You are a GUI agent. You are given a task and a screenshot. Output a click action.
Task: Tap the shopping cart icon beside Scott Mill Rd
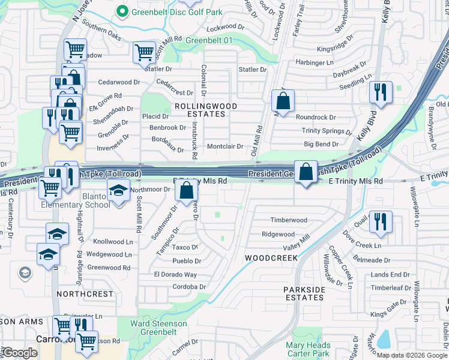tap(144, 52)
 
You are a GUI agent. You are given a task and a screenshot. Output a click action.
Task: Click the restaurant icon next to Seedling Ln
tap(381, 91)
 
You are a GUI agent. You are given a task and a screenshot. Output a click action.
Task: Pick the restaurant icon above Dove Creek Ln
tap(381, 221)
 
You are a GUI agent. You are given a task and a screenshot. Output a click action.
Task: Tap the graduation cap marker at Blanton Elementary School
tap(118, 192)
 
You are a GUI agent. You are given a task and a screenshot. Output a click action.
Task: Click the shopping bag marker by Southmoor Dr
tap(187, 191)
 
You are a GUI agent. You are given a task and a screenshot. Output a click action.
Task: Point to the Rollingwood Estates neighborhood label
tap(205, 110)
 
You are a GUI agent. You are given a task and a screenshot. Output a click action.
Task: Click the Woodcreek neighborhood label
tap(271, 257)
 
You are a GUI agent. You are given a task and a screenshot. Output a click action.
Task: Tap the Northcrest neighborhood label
tap(85, 294)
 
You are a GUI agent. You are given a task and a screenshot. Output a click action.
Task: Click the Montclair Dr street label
tap(224, 146)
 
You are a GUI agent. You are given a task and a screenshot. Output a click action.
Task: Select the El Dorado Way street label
tap(175, 275)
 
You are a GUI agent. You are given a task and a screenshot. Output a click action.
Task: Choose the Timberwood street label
tap(288, 220)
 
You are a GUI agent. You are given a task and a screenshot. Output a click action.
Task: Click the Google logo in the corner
tap(20, 353)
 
